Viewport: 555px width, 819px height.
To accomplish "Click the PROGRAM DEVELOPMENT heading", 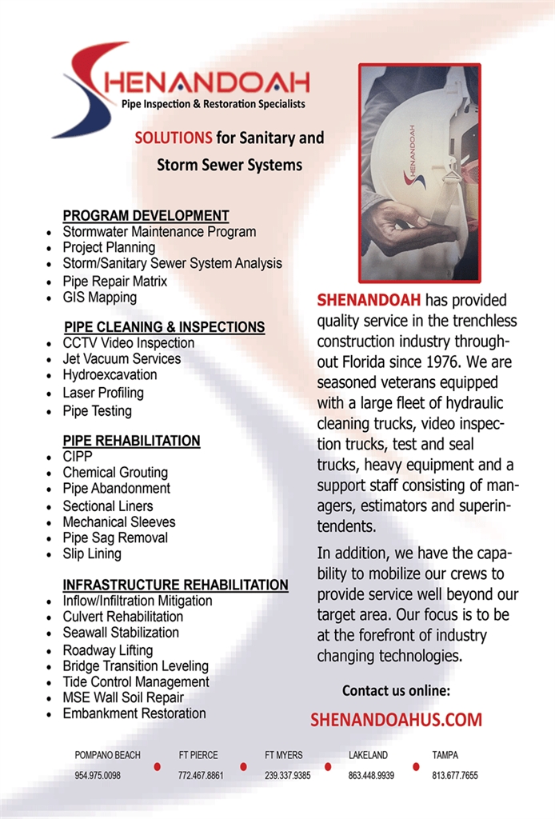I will pos(146,216).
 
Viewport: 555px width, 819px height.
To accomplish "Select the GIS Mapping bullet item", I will pos(100,298).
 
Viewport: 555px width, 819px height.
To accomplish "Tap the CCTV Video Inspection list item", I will pos(128,343).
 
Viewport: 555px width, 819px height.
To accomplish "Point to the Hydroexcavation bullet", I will pos(110,374).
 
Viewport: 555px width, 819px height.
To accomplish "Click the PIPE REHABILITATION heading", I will pos(131,441).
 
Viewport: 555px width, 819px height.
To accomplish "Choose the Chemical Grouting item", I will pos(115,473).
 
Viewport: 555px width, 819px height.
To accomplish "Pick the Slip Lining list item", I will pos(92,553).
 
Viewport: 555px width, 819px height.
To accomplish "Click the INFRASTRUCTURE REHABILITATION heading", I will pos(175,585).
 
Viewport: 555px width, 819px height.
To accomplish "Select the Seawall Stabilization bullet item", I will pos(121,633).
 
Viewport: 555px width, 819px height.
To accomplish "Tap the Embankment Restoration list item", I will pos(134,713).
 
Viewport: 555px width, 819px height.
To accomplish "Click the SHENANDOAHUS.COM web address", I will pos(396,720).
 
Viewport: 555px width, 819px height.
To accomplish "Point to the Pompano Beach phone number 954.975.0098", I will pos(98,775).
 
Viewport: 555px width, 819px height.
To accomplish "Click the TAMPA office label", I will pos(445,755).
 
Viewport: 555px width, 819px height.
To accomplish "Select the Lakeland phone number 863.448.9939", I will pos(371,775).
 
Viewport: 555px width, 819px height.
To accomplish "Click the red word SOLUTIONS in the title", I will pos(174,138).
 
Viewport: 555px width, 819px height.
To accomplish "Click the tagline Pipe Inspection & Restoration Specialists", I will pos(213,104).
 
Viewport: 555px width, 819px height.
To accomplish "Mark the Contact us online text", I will pos(396,690).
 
